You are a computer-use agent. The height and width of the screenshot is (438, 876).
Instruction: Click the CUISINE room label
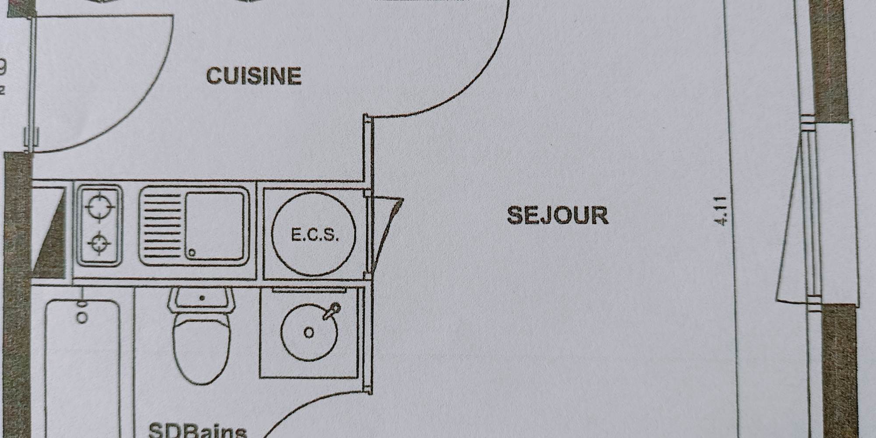click(254, 76)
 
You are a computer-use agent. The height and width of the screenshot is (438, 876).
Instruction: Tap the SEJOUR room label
click(558, 215)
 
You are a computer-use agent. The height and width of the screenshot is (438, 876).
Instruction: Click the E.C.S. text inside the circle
click(315, 236)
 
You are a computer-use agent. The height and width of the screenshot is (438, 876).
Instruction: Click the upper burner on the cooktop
click(100, 205)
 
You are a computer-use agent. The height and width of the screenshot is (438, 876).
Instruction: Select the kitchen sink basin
click(215, 226)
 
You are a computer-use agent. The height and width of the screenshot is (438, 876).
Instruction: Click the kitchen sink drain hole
click(191, 253)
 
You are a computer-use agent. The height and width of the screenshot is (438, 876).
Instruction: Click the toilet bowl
click(201, 346)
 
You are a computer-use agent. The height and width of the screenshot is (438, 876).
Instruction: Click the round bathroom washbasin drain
click(309, 333)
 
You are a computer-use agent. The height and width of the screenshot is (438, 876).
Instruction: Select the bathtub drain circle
click(82, 317)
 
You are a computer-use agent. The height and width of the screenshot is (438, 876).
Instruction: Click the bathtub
click(82, 372)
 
